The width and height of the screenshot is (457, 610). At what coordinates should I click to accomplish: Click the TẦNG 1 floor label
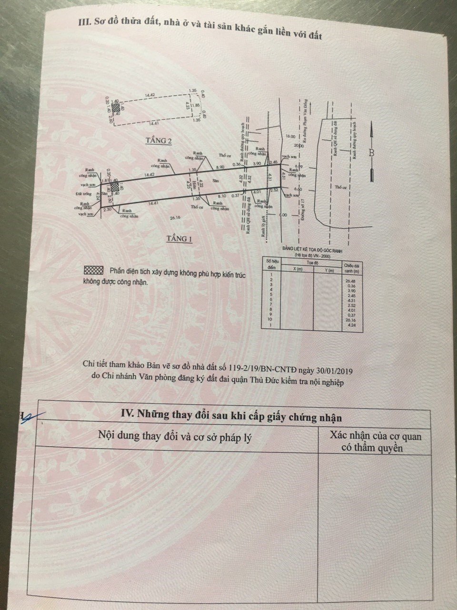pos(179,238)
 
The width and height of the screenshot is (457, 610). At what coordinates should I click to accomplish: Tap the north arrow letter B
pos(372,153)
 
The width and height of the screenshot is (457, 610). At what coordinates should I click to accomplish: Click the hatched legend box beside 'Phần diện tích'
pos(93,270)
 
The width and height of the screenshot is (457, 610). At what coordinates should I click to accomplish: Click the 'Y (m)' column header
pos(328,270)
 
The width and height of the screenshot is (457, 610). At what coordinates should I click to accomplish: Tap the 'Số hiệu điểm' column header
pos(271,265)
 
